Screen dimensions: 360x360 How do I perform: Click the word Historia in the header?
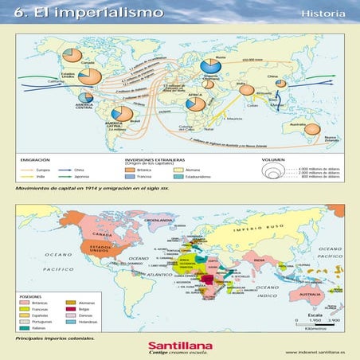tap(323, 14)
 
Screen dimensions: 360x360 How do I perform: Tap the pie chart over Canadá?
tap(72, 55)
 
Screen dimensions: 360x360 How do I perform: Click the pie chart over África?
tap(194, 104)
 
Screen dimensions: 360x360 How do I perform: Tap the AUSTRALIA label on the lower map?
tap(305, 295)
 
